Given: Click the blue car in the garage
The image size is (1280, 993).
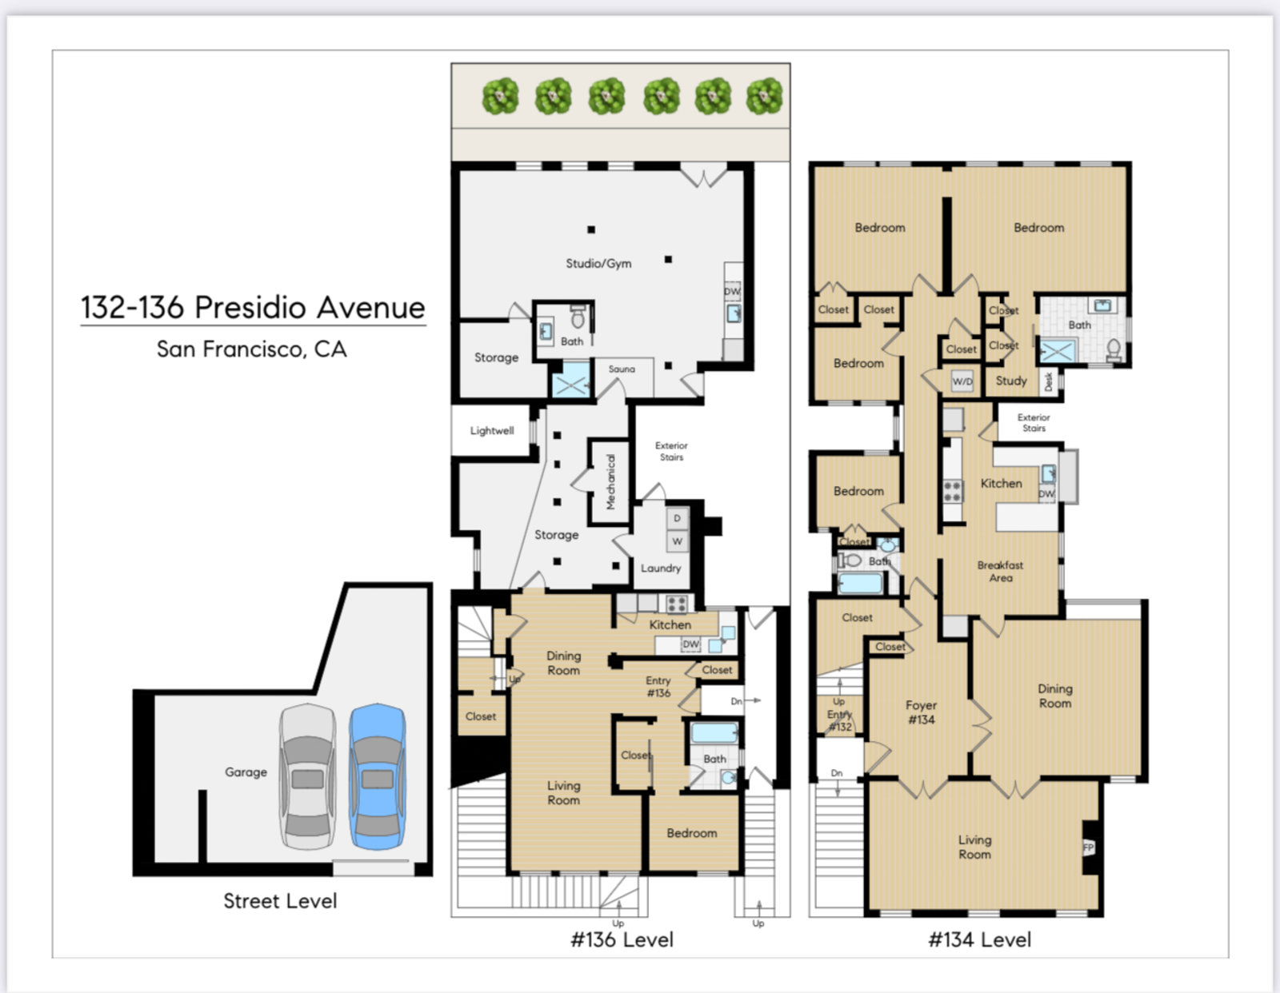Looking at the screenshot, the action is point(378,776).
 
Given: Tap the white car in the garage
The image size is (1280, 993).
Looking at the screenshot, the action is point(307,776).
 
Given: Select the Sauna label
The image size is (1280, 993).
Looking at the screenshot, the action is point(622,369).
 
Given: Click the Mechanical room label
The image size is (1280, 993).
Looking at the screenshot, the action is point(611,481).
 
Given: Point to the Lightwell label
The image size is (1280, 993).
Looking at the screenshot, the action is point(492,430).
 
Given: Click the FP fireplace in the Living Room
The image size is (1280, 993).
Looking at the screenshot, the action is point(1089,847).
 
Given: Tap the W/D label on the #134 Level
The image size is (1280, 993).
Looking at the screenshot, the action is point(962,381).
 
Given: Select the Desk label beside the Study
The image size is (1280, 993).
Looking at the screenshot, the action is point(1049,381).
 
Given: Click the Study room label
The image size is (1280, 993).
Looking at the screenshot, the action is point(1011,381).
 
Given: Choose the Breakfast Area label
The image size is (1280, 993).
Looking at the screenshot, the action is point(1000,572).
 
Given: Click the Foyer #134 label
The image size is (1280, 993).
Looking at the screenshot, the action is point(922,712).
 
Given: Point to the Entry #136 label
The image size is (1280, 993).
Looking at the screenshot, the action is point(658,686).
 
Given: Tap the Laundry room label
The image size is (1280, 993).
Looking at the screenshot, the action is point(661,568).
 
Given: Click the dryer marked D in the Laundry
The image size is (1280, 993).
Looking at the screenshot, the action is point(678,519).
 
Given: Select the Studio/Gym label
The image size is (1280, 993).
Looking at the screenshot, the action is point(598,264).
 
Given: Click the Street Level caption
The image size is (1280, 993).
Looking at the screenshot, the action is point(280,900).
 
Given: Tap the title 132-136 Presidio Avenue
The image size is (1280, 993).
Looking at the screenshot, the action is point(253,307).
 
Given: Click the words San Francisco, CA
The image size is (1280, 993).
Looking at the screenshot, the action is point(251,349).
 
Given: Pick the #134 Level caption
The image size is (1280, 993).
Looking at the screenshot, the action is point(979,939).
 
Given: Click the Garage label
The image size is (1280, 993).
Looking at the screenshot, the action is point(246,772).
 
